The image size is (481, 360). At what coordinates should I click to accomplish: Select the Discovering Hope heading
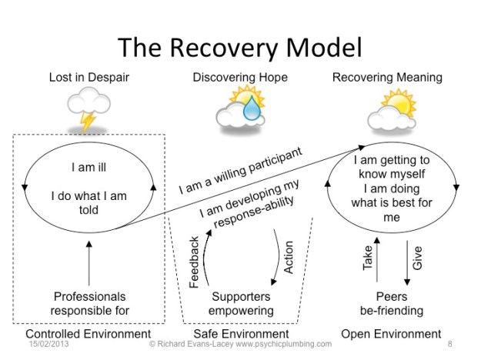pos(239,78)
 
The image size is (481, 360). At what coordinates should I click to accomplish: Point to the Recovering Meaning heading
pos(387,78)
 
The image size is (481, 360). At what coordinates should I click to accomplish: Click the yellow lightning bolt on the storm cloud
pos(89,122)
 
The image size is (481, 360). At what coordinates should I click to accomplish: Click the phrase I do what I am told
pos(89,202)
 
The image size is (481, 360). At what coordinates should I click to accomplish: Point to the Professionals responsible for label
pos(89,304)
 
